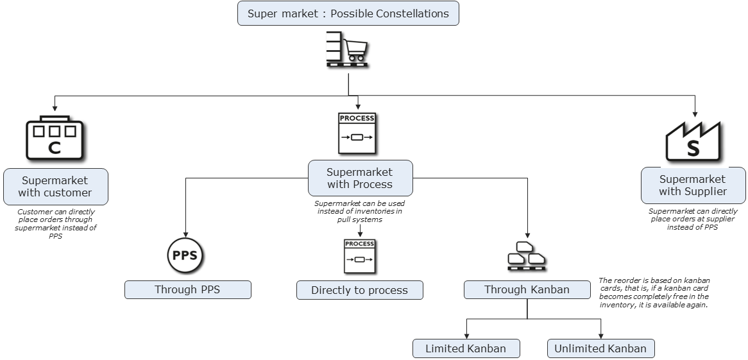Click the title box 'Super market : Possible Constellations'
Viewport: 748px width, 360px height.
click(x=348, y=13)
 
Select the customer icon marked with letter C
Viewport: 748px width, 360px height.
click(x=55, y=138)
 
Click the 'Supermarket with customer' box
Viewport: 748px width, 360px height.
click(x=55, y=186)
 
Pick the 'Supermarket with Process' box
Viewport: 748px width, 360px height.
click(x=360, y=178)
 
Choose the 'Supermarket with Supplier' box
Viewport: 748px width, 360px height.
click(x=693, y=185)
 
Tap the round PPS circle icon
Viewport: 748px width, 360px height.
click(x=185, y=255)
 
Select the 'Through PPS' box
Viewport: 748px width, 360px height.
click(x=187, y=289)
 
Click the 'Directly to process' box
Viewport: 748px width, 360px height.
click(x=359, y=290)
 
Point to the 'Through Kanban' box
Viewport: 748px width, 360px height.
click(x=527, y=289)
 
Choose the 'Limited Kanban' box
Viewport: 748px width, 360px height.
click(x=466, y=348)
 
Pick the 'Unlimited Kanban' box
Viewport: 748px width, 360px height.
click(x=600, y=348)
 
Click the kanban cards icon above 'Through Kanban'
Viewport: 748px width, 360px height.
click(x=527, y=255)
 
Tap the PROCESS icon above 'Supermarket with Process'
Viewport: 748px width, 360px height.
click(x=357, y=133)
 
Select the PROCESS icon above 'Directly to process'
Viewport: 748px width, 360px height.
click(x=359, y=256)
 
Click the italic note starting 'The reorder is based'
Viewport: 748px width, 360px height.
click(x=654, y=293)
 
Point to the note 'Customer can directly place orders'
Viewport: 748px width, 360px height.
click(x=56, y=223)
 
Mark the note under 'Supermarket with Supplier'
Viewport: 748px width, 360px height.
click(x=693, y=219)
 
